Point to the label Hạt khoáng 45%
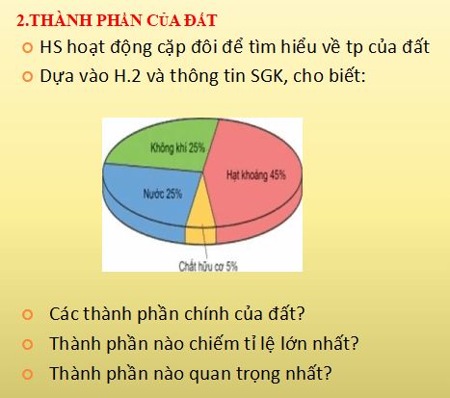pyautogui.click(x=256, y=175)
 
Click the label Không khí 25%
pyautogui.click(x=178, y=147)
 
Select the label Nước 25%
pyautogui.click(x=161, y=193)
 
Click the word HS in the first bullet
pyautogui.click(x=51, y=47)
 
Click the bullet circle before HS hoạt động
pyautogui.click(x=27, y=48)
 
